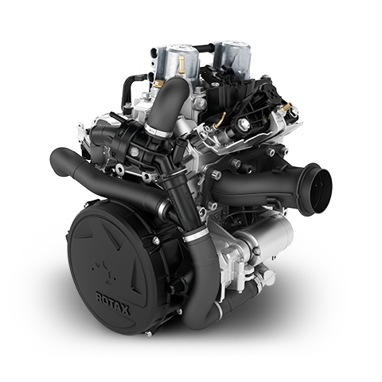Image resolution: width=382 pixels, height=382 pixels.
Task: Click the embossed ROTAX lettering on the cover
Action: coord(113,303)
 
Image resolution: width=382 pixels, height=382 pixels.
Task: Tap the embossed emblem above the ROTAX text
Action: coord(104,272)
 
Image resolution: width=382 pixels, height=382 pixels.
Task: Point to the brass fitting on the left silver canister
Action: coord(181,64)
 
